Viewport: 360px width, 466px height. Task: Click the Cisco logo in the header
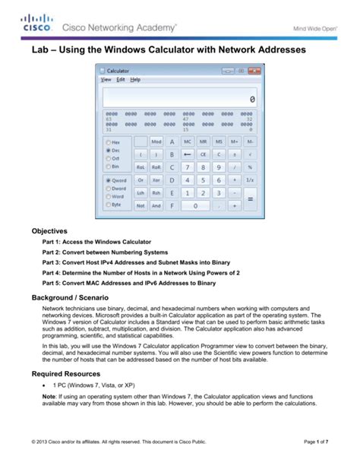click(x=36, y=24)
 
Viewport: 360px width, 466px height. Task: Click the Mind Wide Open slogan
click(x=318, y=28)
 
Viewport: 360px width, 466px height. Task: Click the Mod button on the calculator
click(x=156, y=141)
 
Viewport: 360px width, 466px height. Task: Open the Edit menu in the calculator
click(x=120, y=79)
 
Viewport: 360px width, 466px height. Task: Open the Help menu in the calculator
click(x=135, y=79)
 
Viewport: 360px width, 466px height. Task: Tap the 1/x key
click(x=251, y=179)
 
